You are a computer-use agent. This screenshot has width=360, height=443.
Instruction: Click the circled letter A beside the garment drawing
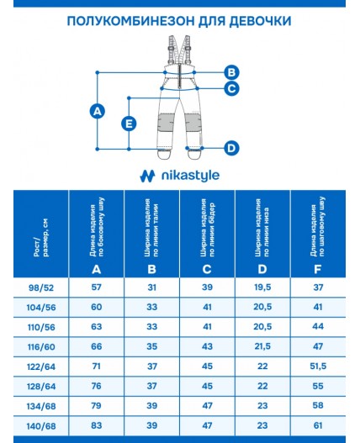98,110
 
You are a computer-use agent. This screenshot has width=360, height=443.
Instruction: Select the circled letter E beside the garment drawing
129,124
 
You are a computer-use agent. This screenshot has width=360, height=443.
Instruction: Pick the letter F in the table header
318,269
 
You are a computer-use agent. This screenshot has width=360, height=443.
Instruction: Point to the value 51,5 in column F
318,367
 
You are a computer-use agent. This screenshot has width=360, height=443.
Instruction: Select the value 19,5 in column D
262,288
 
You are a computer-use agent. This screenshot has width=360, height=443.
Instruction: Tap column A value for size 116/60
97,346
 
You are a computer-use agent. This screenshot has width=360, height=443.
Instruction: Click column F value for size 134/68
318,406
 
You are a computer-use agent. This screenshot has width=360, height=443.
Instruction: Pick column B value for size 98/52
151,288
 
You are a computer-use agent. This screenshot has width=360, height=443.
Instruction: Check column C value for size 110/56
207,327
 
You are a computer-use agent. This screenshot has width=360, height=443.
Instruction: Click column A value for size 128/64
97,386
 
